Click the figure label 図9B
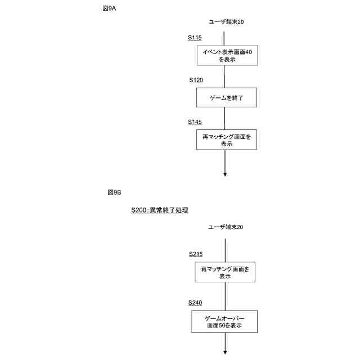[x=114, y=192]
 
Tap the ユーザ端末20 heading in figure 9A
[x=226, y=22]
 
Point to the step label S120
[x=196, y=80]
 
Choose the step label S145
[x=195, y=121]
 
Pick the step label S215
[x=196, y=254]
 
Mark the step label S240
[x=195, y=303]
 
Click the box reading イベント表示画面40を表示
[x=227, y=55]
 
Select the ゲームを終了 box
[x=227, y=98]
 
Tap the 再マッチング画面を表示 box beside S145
[x=227, y=139]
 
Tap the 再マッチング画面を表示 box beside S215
[x=225, y=272]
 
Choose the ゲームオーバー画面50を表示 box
[x=225, y=321]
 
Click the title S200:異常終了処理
[x=160, y=210]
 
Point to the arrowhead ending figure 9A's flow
[x=225, y=174]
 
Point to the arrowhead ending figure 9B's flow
[x=225, y=352]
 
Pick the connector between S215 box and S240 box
[x=225, y=296]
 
